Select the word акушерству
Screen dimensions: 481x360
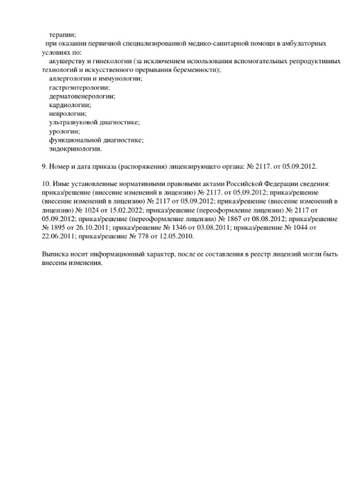coord(68,61)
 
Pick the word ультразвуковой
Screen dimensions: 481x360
coord(73,122)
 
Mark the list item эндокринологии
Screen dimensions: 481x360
coord(75,148)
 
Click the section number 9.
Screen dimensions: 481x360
coord(33,165)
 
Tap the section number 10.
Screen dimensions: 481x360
coord(35,183)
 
